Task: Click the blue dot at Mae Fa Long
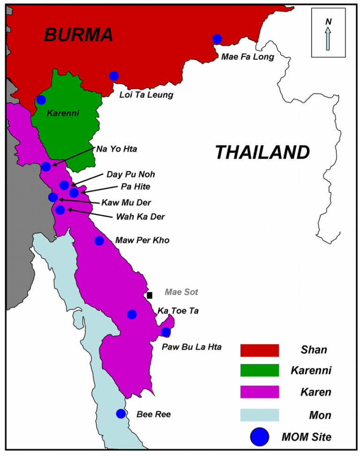click(217, 39)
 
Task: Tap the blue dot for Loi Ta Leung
click(114, 76)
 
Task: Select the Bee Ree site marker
click(121, 414)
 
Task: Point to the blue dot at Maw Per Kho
click(99, 241)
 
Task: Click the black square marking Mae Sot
click(150, 295)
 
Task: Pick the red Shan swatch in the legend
click(259, 350)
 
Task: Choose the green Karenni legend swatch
click(259, 370)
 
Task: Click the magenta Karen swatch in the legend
click(259, 392)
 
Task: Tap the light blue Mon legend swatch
click(259, 415)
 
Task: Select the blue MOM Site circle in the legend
click(259, 437)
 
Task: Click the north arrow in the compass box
click(328, 37)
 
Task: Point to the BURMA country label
click(78, 35)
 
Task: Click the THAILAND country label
click(262, 153)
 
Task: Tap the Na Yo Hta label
click(117, 149)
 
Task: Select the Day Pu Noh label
click(130, 174)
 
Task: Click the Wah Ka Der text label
click(140, 217)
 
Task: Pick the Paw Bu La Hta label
click(191, 347)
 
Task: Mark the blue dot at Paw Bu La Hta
click(166, 332)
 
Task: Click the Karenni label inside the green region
click(63, 113)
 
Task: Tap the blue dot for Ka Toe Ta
click(132, 314)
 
